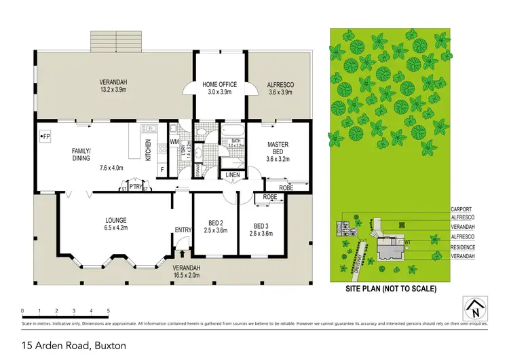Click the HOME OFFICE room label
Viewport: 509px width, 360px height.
(220, 84)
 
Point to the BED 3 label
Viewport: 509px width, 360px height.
(262, 226)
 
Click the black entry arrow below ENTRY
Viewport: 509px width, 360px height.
(182, 253)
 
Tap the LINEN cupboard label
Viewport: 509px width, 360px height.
(233, 175)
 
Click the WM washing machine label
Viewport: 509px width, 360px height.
(174, 142)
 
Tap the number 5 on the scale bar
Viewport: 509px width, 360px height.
(109, 311)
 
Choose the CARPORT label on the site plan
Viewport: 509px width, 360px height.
(461, 210)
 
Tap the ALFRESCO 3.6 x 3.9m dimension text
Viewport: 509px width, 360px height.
(281, 92)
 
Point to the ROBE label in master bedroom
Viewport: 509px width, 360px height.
(286, 187)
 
